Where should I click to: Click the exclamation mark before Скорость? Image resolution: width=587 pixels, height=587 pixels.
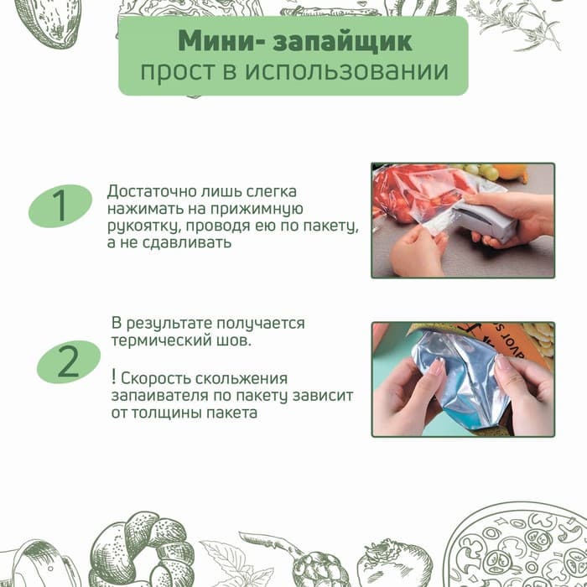[112, 377]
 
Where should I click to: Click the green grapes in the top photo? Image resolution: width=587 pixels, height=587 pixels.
[483, 172]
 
